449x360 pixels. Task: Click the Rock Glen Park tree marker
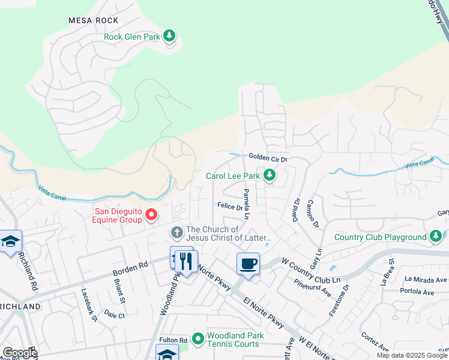[x=170, y=37]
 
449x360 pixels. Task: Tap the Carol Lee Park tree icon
[x=270, y=176]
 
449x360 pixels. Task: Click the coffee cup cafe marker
[x=248, y=263]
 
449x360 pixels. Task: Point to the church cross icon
[x=176, y=232]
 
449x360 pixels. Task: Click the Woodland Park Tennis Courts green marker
[x=197, y=340]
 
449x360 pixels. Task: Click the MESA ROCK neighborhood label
[x=93, y=20]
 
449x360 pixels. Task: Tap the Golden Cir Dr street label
[x=268, y=158]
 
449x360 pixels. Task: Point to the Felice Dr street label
[x=230, y=207]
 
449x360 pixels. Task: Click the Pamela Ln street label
[x=246, y=203]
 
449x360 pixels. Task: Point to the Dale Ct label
[x=114, y=314]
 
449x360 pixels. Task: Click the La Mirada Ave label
[x=426, y=279]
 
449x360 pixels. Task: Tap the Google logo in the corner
[x=20, y=353]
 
